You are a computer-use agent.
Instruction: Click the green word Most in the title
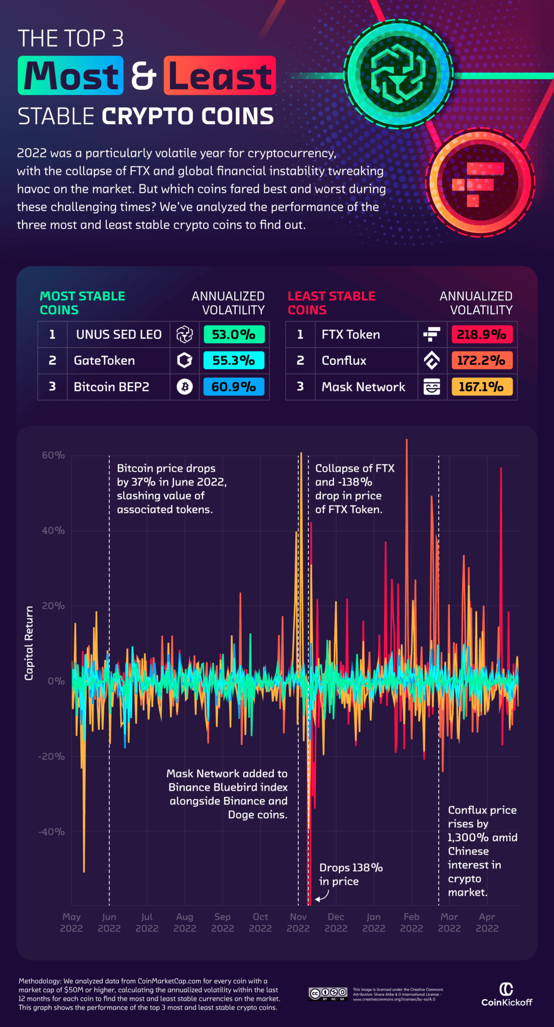[x=71, y=76]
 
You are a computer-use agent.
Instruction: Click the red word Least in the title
[x=220, y=76]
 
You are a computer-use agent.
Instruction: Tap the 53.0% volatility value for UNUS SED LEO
[x=234, y=334]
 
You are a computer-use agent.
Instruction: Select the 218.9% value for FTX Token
[x=481, y=334]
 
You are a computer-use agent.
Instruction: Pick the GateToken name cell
[x=104, y=361]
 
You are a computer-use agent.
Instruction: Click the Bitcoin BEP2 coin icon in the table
[x=184, y=387]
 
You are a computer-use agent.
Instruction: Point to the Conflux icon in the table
[x=432, y=361]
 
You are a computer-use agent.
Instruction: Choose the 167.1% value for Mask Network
[x=481, y=387]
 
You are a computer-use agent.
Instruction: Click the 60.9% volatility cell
[x=234, y=387]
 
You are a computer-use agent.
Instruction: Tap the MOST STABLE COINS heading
[x=82, y=303]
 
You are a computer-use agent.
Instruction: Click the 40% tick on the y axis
[x=53, y=531]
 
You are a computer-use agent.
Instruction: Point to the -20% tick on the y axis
[x=52, y=756]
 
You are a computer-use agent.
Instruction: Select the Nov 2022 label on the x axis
[x=298, y=922]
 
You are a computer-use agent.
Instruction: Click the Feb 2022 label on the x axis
[x=411, y=922]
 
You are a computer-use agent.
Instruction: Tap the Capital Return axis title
[x=29, y=643]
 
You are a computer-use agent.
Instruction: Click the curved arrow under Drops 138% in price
[x=323, y=896]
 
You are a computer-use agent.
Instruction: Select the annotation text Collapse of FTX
[x=354, y=468]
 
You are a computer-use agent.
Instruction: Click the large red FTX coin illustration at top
[x=480, y=183]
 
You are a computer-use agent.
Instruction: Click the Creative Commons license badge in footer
[x=328, y=993]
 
